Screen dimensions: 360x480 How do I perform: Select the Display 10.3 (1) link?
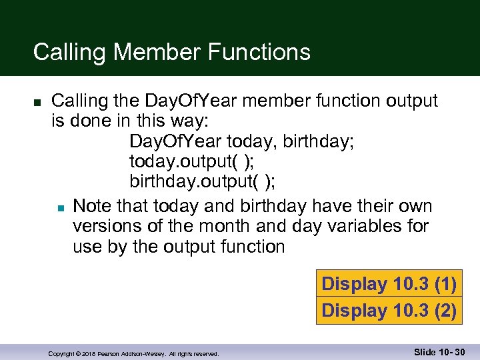(x=389, y=284)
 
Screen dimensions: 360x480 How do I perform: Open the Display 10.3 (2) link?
(x=389, y=311)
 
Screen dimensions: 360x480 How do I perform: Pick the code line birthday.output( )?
(x=203, y=182)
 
